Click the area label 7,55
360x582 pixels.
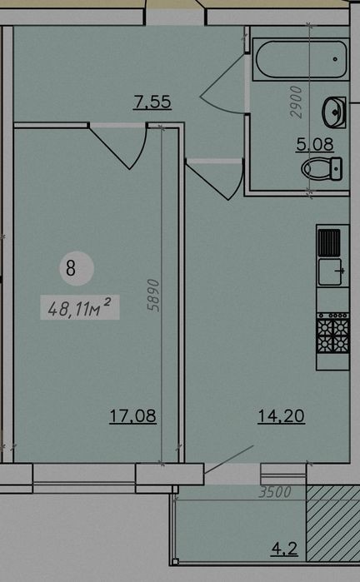click(x=152, y=102)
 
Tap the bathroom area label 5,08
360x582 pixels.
click(x=315, y=144)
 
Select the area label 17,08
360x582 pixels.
click(x=132, y=415)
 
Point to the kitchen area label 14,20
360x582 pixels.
click(x=281, y=415)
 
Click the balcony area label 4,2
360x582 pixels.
click(x=285, y=548)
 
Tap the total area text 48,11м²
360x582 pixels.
click(x=79, y=307)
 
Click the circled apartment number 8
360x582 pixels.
click(x=71, y=268)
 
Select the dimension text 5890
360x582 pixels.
click(x=152, y=295)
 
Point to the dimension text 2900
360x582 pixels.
click(x=297, y=102)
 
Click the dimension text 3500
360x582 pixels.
click(x=275, y=492)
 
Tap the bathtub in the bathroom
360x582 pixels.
click(x=301, y=59)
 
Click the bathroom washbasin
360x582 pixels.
click(x=334, y=112)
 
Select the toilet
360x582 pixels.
click(x=322, y=169)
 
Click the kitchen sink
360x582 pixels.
click(x=329, y=272)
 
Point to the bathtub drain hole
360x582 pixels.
click(x=335, y=59)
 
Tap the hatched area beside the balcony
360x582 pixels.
click(x=333, y=523)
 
